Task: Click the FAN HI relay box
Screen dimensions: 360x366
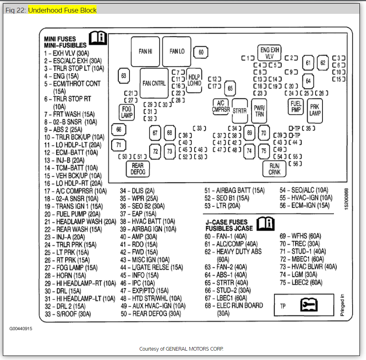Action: click(145, 51)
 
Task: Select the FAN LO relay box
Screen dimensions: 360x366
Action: click(177, 51)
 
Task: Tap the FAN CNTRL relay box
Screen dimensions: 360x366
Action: click(154, 83)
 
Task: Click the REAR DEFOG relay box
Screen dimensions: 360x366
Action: click(138, 169)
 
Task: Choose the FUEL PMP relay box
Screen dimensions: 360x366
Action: click(296, 107)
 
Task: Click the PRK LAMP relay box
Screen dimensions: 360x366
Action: click(315, 110)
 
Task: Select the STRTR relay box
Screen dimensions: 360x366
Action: click(240, 110)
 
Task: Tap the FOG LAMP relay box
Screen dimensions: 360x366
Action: click(127, 112)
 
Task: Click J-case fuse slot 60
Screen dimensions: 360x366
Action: click(201, 52)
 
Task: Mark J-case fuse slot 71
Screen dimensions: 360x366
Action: click(118, 144)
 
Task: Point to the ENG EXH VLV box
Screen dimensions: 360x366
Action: click(270, 53)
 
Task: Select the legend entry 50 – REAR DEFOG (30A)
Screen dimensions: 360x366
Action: click(151, 314)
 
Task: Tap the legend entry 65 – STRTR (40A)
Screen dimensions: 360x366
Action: click(226, 283)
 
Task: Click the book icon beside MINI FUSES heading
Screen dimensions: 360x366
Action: click(98, 38)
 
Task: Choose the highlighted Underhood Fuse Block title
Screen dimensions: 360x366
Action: click(62, 10)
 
